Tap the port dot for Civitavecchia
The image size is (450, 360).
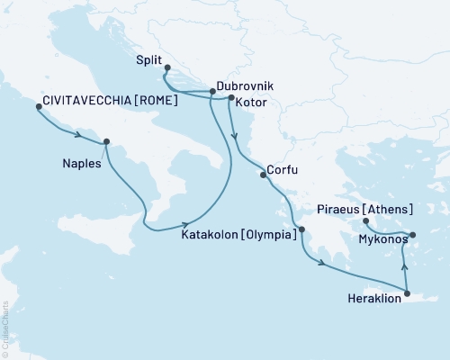tap(38, 107)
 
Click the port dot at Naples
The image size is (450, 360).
tap(107, 141)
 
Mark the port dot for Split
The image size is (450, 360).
tap(167, 67)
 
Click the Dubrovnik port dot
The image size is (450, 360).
tap(212, 91)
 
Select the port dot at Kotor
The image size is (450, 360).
tap(231, 97)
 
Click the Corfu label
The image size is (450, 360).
tap(283, 169)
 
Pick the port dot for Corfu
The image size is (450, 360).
tap(263, 175)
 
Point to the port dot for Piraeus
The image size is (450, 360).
tap(365, 220)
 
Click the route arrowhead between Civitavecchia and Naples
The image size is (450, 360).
tap(78, 136)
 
